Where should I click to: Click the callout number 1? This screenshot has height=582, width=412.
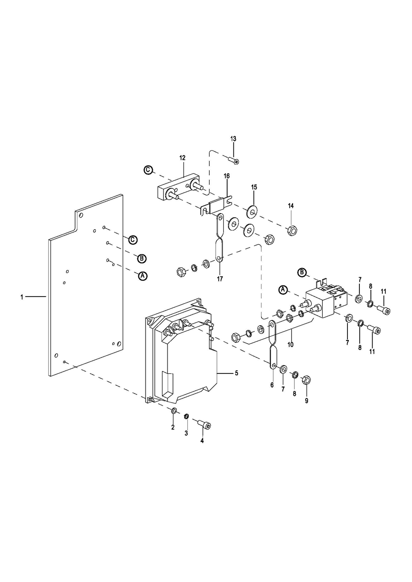click(22, 297)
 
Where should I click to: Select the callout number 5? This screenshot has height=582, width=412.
click(236, 373)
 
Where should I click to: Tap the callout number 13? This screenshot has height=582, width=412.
click(233, 139)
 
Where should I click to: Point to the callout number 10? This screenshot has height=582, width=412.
click(290, 344)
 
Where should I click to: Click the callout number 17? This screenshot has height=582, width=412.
click(220, 279)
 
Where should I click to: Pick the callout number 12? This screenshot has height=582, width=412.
click(182, 158)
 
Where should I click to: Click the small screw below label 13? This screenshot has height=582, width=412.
click(233, 160)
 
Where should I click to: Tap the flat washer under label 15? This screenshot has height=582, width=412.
click(252, 211)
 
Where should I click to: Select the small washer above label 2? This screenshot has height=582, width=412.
click(174, 411)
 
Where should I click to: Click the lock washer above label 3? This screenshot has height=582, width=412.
click(186, 416)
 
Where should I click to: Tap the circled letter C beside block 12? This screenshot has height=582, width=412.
click(148, 169)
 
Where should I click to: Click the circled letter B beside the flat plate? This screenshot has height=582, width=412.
click(142, 259)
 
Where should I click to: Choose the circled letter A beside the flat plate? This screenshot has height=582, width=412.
click(143, 276)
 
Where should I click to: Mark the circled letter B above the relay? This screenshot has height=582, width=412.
click(302, 273)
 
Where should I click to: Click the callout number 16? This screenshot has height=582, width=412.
click(227, 176)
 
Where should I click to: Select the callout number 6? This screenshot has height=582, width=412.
click(272, 385)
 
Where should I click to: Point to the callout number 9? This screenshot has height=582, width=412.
click(307, 401)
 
